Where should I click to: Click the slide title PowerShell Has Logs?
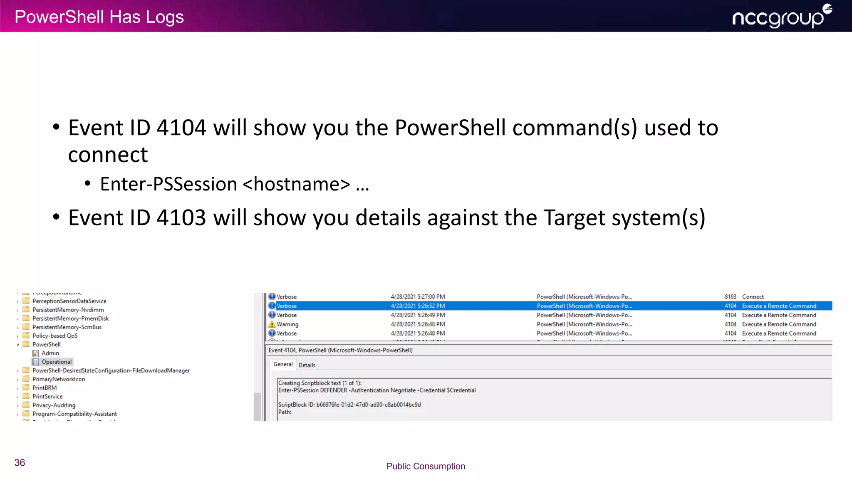[99, 17]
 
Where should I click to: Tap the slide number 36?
[20, 463]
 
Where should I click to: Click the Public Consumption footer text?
[426, 466]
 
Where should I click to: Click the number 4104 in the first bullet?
[181, 128]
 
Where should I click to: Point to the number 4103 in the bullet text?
[181, 218]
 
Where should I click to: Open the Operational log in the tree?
[56, 362]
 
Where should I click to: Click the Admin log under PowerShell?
[50, 353]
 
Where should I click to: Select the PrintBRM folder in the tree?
[45, 388]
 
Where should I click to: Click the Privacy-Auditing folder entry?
[54, 405]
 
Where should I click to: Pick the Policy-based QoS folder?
[54, 336]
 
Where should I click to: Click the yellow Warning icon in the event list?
[272, 324]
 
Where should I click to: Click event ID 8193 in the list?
[730, 297]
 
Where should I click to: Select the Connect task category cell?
[753, 297]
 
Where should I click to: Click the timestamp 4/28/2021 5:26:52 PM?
[418, 306]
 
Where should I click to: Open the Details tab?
[307, 365]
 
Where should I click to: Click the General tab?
[283, 364]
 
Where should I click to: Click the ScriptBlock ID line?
[349, 405]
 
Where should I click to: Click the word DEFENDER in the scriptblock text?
[333, 390]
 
